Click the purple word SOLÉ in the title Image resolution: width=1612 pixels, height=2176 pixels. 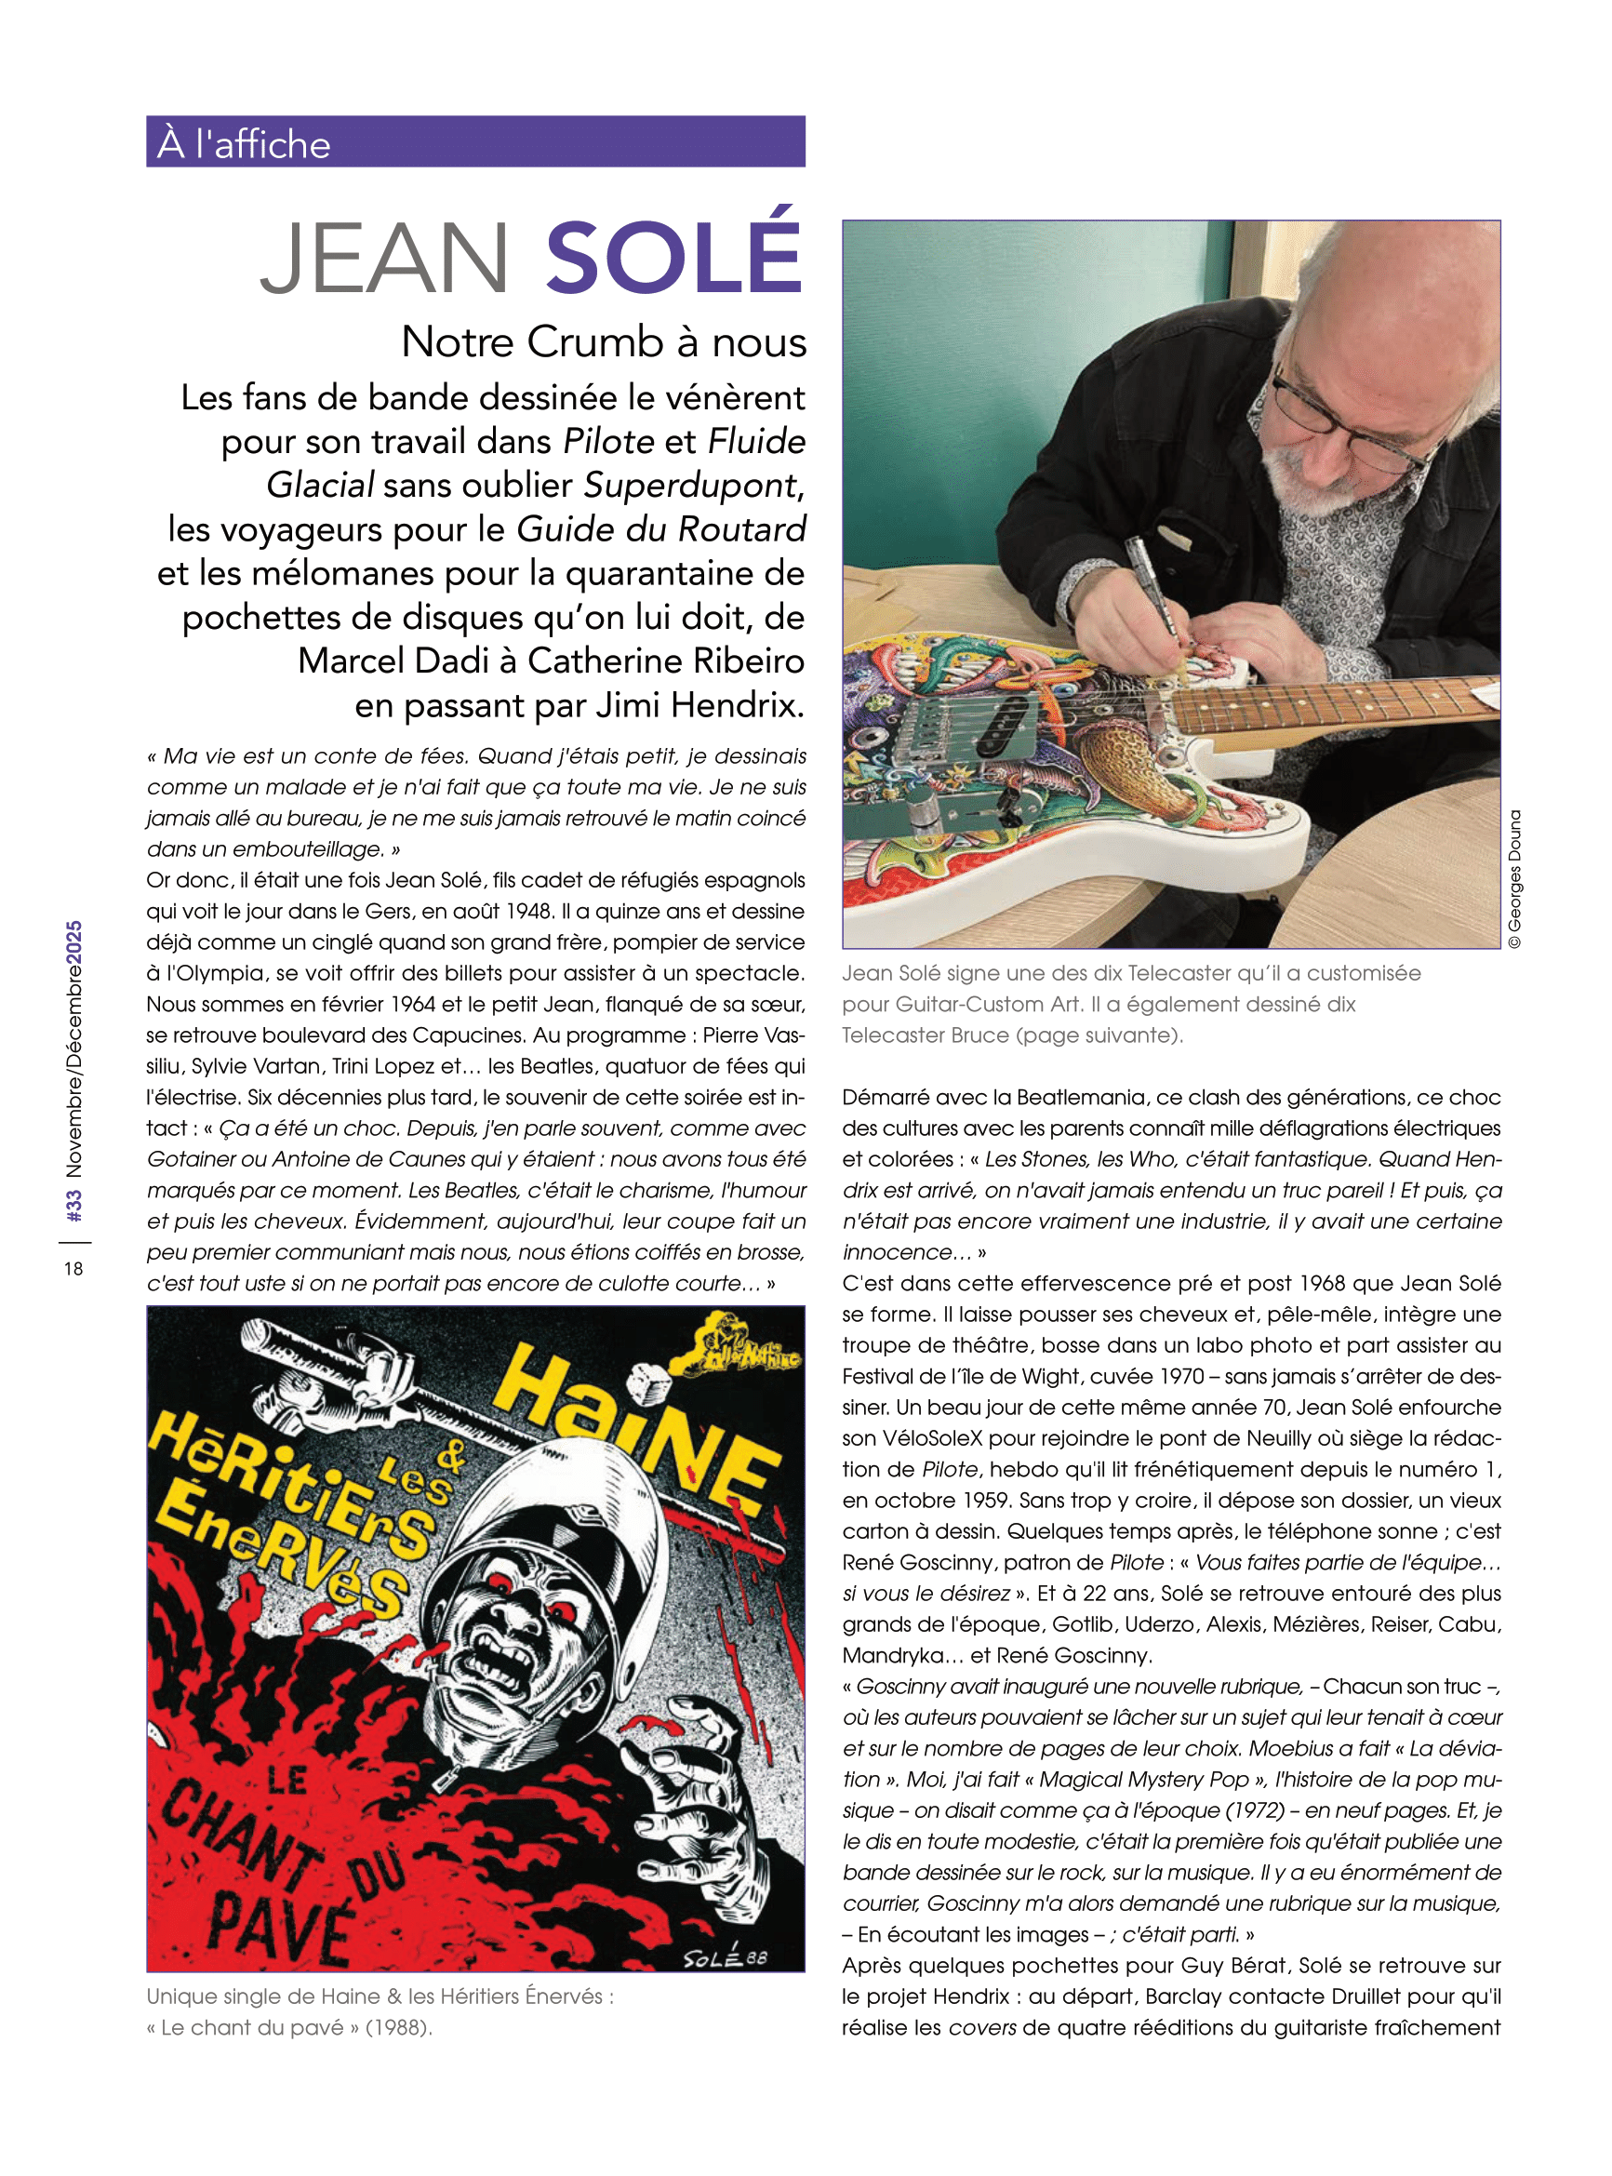(x=673, y=256)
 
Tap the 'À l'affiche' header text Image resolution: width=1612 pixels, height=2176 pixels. (x=244, y=143)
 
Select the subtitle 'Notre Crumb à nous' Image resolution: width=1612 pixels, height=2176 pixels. (x=604, y=341)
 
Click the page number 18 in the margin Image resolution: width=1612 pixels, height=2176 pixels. (x=73, y=1269)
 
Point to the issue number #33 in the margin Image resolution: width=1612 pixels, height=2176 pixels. (x=74, y=1204)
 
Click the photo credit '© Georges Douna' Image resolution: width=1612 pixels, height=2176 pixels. (x=1513, y=878)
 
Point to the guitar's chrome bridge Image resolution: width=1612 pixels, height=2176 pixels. (x=937, y=732)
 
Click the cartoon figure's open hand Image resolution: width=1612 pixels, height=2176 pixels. (x=693, y=1785)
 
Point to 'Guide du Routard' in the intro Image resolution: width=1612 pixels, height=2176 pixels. (x=660, y=528)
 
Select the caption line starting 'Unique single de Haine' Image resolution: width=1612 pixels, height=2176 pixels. (x=380, y=1996)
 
